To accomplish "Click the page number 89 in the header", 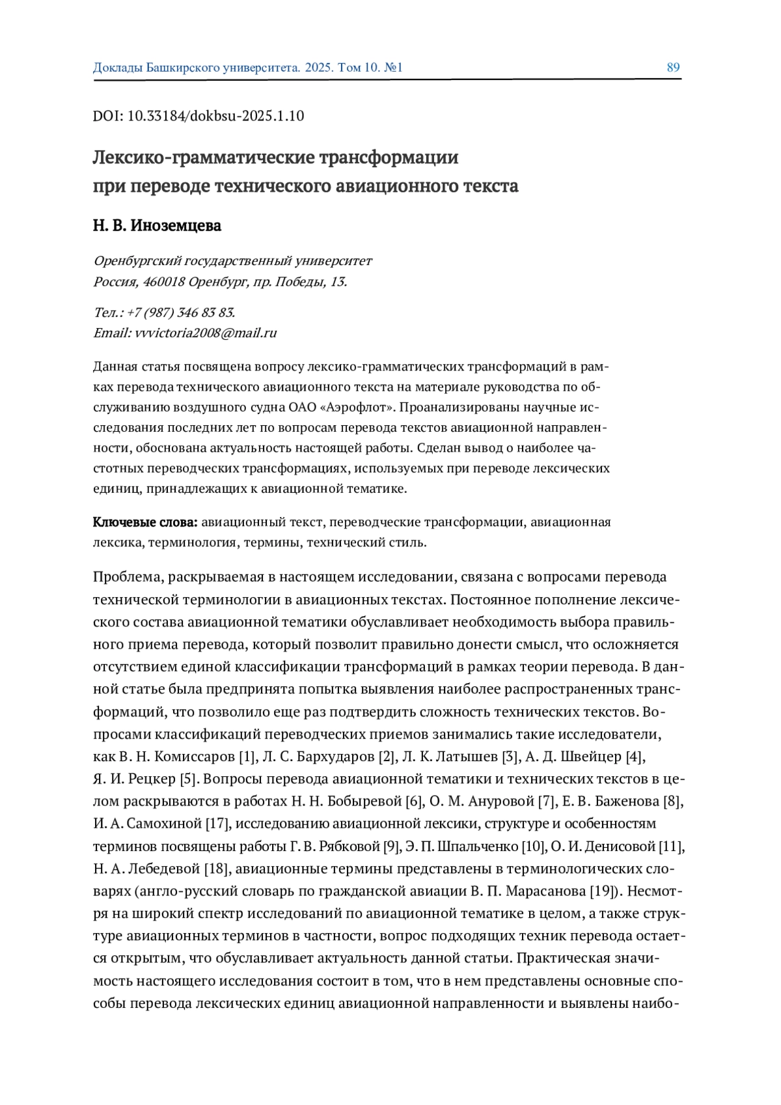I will (x=673, y=68).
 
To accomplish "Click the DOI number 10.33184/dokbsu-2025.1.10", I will (x=215, y=116).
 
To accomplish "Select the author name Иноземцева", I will (x=176, y=225).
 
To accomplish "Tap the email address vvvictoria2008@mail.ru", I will (x=206, y=333).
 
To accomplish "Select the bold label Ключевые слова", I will (x=145, y=522).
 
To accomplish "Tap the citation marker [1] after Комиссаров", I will (x=247, y=757).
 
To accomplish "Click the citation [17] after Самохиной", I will (x=217, y=824).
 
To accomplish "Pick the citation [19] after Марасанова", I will (x=603, y=891).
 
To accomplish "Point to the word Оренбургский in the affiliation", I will (x=137, y=261).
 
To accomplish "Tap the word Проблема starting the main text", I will (x=127, y=577).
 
